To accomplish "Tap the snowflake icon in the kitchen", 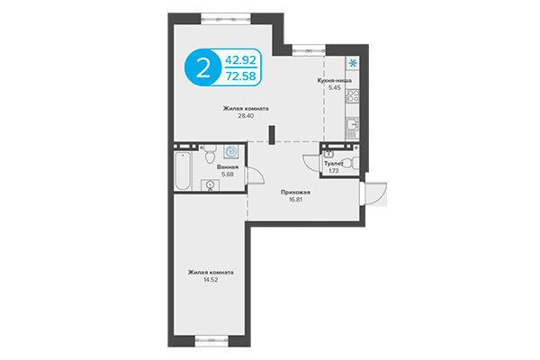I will coord(353,63).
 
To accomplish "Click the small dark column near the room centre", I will coord(270,134).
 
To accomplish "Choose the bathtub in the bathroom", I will coord(182,171).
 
